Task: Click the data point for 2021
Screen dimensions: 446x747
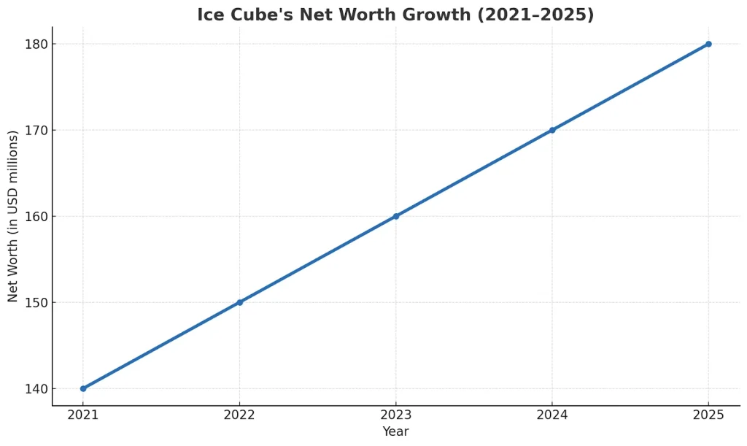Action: coord(83,388)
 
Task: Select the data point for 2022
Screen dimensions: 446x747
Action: coord(239,302)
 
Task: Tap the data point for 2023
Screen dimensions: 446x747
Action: coord(396,216)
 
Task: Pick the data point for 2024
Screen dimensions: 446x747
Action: coord(552,130)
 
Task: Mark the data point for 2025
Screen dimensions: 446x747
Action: coord(708,44)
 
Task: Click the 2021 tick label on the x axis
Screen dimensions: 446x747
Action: coord(83,415)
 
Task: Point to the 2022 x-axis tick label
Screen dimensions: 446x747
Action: coord(239,415)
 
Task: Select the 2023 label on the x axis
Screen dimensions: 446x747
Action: coord(396,415)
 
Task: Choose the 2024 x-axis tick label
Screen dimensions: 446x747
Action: coord(552,415)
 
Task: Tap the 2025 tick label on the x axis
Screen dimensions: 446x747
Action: coord(708,415)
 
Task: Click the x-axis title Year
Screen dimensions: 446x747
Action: coord(395,431)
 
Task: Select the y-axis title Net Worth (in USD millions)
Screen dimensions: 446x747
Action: coord(13,216)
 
